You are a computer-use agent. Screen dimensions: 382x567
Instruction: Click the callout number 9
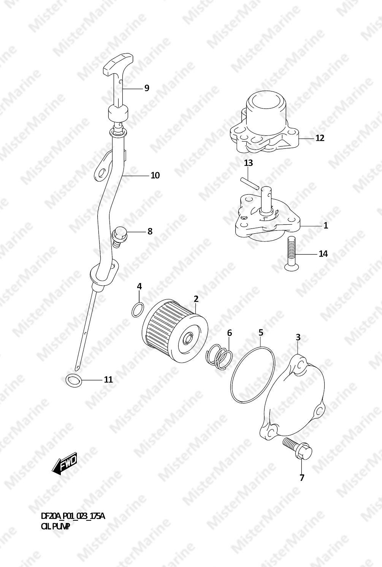[x=146, y=88]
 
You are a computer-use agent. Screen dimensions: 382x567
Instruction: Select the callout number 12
[x=320, y=138]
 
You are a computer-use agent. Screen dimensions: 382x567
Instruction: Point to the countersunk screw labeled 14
[x=292, y=253]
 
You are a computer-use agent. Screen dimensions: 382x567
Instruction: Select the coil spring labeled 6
[x=219, y=357]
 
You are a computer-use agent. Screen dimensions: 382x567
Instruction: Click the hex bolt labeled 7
[x=297, y=450]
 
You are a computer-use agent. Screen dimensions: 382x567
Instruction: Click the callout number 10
[x=155, y=175]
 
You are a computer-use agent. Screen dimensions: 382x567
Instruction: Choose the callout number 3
[x=298, y=337]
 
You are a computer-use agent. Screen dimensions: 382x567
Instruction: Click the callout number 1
[x=326, y=225]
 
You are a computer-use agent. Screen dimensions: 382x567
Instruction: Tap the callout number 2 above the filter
[x=196, y=299]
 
